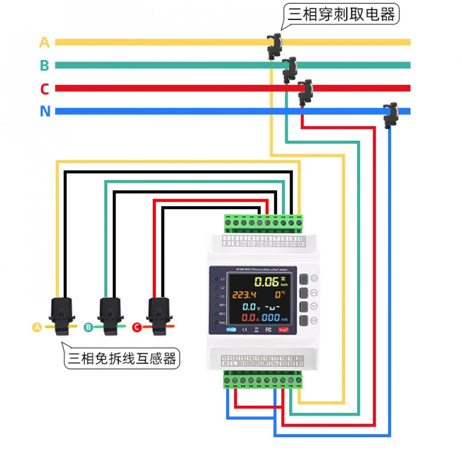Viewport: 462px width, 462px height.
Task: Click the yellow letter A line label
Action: point(44,43)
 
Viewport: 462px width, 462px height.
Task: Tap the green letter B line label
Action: point(44,66)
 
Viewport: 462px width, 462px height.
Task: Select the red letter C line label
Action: point(44,89)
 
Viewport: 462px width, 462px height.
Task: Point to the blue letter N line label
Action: point(45,112)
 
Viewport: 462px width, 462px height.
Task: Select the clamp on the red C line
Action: point(305,91)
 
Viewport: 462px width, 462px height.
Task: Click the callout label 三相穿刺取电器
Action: point(342,15)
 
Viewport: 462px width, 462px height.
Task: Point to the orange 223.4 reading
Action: point(244,295)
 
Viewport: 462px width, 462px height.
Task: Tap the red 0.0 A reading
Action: point(249,317)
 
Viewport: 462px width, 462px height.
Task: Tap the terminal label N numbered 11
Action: point(225,364)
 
